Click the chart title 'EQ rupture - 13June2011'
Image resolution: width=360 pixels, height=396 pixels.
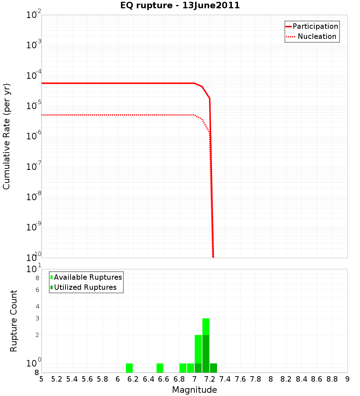tap(180, 6)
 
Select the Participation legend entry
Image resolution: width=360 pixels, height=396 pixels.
tap(312, 26)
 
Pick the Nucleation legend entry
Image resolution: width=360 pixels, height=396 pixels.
tap(312, 36)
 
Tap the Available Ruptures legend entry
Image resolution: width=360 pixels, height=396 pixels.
tap(86, 277)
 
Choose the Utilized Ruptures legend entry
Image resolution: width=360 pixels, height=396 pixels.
tap(84, 287)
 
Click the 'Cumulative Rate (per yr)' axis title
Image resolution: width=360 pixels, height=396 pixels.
tap(6, 136)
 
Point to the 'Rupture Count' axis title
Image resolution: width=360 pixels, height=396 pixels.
tap(14, 320)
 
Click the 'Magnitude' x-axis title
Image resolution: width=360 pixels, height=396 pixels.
tap(194, 390)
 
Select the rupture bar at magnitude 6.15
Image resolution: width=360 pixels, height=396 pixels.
tap(129, 368)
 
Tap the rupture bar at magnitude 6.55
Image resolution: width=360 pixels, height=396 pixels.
tap(160, 368)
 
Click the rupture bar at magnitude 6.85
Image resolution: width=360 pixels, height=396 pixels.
tap(183, 368)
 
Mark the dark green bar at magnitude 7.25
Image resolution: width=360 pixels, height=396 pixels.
tap(213, 368)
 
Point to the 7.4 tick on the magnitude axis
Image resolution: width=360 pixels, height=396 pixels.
tap(225, 379)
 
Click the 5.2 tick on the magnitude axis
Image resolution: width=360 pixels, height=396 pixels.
tap(57, 379)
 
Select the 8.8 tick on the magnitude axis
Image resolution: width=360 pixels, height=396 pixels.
tap(332, 379)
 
